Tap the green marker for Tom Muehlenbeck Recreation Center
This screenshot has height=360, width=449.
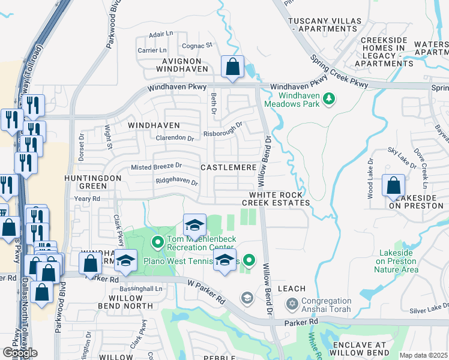[157, 242]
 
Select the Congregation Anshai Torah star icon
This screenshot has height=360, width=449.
[292, 305]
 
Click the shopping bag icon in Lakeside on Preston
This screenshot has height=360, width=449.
[394, 186]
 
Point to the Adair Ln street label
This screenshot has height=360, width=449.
[161, 35]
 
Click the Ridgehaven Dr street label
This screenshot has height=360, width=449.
[176, 181]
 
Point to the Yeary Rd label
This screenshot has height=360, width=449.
[87, 199]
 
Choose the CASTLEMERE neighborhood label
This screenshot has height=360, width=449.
[228, 167]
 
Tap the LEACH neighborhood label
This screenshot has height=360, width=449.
[292, 289]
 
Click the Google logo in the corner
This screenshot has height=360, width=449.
[20, 353]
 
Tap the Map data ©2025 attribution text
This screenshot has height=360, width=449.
[423, 355]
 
